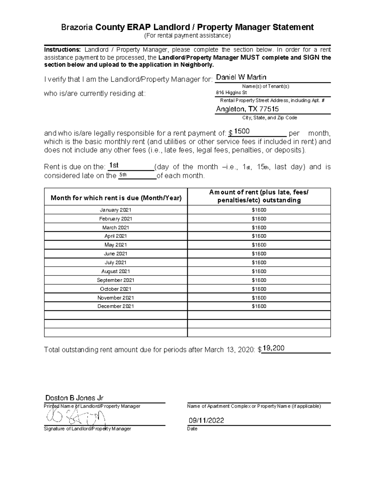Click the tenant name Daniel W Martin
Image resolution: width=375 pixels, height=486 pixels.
click(241, 77)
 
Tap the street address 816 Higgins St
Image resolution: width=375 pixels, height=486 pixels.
click(231, 93)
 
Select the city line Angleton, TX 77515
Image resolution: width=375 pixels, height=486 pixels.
click(247, 109)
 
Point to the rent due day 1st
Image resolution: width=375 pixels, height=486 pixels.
click(113, 165)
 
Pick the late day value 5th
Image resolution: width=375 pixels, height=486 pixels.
click(123, 175)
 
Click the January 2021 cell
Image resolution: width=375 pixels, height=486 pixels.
click(116, 210)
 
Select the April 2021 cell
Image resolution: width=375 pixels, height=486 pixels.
click(116, 236)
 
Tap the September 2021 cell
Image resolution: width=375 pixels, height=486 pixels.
click(116, 280)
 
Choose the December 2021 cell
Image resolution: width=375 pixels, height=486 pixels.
click(116, 306)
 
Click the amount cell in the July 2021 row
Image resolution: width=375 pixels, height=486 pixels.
click(259, 263)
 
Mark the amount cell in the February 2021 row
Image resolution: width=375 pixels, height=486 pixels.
click(259, 219)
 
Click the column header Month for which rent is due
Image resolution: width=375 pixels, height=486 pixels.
click(116, 198)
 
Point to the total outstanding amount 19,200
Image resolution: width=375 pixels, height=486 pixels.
click(273, 348)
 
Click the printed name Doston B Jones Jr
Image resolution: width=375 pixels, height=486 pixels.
click(74, 398)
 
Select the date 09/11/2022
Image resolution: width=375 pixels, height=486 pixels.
click(206, 420)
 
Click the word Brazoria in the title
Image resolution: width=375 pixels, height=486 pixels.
click(77, 27)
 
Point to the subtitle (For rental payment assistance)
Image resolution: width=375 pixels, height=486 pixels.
click(187, 36)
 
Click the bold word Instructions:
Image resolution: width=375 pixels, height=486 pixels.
click(62, 50)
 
